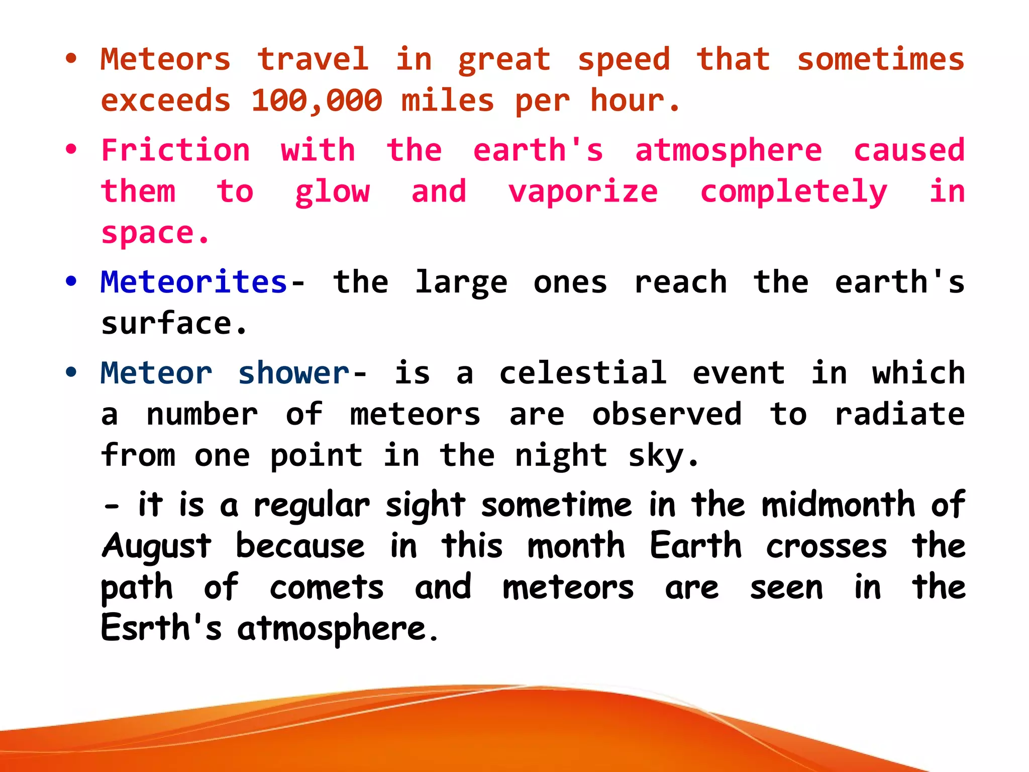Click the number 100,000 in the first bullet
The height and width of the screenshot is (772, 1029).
317,101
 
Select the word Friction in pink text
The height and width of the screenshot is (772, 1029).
175,150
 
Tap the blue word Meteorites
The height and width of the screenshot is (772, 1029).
193,282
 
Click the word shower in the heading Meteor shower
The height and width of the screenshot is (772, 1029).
294,373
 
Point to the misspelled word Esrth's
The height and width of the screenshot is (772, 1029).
161,628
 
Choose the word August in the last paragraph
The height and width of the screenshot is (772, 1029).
157,546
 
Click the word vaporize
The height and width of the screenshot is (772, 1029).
583,192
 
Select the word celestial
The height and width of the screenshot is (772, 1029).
583,373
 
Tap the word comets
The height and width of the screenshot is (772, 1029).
327,588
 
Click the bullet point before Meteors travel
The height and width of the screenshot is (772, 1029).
71,58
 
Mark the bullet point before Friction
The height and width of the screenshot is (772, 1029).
71,149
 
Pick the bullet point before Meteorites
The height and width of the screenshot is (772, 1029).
71,281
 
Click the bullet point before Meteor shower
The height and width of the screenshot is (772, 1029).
71,372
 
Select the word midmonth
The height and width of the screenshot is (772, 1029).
838,505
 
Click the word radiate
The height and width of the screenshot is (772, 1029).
899,415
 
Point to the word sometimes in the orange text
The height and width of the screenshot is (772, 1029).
880,59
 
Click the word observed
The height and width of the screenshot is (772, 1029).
667,415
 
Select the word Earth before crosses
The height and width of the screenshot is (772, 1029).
695,546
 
